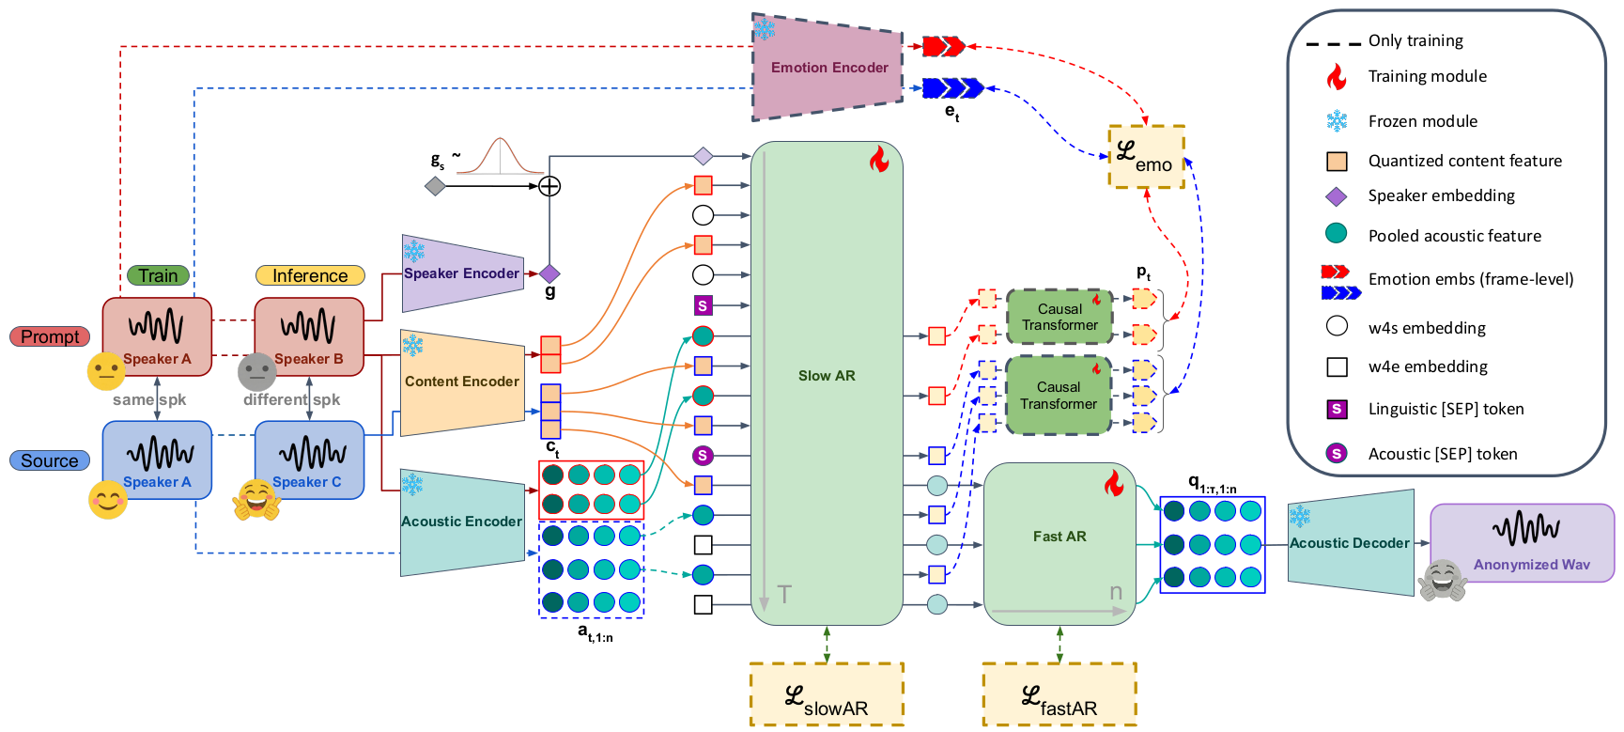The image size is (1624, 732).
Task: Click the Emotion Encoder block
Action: pos(828,68)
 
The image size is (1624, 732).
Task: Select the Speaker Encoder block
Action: pos(461,273)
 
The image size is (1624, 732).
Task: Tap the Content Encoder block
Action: pos(461,382)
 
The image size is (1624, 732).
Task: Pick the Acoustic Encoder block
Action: pos(461,522)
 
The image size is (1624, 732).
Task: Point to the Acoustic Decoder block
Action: pos(1350,543)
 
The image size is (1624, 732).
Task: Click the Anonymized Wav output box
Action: pos(1522,543)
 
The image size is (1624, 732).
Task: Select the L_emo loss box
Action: pos(1146,156)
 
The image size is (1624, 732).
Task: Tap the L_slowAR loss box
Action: pos(827,694)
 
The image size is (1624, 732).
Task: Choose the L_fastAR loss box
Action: pos(1059,694)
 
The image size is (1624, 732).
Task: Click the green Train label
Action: pos(158,275)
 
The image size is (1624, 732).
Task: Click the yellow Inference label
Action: pos(310,275)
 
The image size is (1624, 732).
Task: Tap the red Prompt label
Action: pos(50,336)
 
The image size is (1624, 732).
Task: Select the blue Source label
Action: pos(50,460)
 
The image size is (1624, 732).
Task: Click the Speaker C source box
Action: pos(309,459)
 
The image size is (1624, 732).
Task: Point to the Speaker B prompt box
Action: pos(309,336)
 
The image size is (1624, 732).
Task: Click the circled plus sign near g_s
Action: pos(549,186)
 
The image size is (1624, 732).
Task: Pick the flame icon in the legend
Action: pos(1336,76)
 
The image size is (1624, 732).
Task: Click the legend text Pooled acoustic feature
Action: pos(1454,236)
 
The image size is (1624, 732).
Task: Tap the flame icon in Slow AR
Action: pos(879,159)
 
